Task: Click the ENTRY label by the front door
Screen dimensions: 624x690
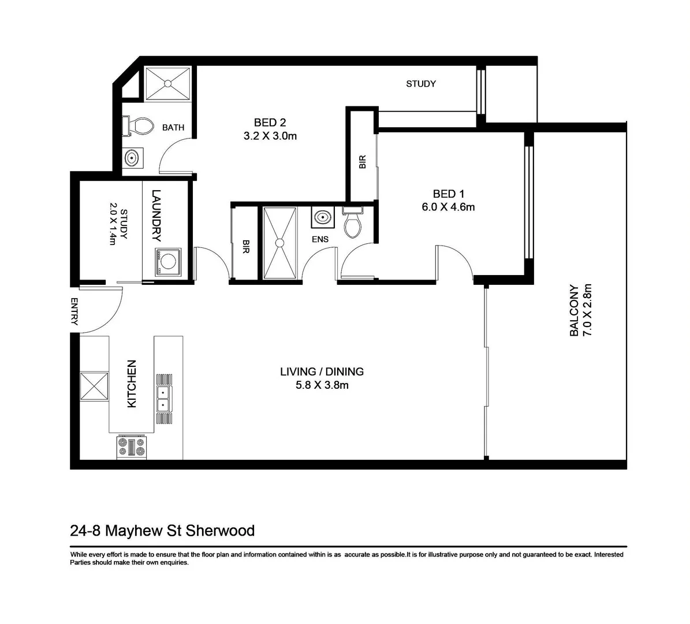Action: [x=74, y=311]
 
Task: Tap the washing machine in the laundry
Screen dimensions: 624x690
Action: [x=167, y=262]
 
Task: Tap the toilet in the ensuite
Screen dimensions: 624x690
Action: [x=352, y=222]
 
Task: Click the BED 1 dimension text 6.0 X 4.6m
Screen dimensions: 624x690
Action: [x=448, y=207]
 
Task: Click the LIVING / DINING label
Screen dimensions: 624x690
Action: [x=322, y=372]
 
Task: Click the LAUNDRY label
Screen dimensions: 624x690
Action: [x=156, y=215]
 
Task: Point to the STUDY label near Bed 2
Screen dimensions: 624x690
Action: [x=420, y=84]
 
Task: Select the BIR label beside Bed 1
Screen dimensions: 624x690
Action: [x=363, y=162]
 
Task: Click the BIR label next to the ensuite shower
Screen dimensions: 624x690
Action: [x=246, y=248]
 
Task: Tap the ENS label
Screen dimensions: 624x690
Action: [x=320, y=239]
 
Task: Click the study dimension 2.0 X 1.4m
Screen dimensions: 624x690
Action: [x=113, y=224]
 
